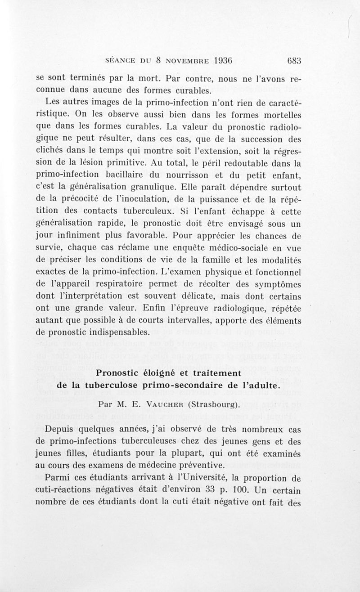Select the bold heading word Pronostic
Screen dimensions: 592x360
[x=123, y=373]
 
